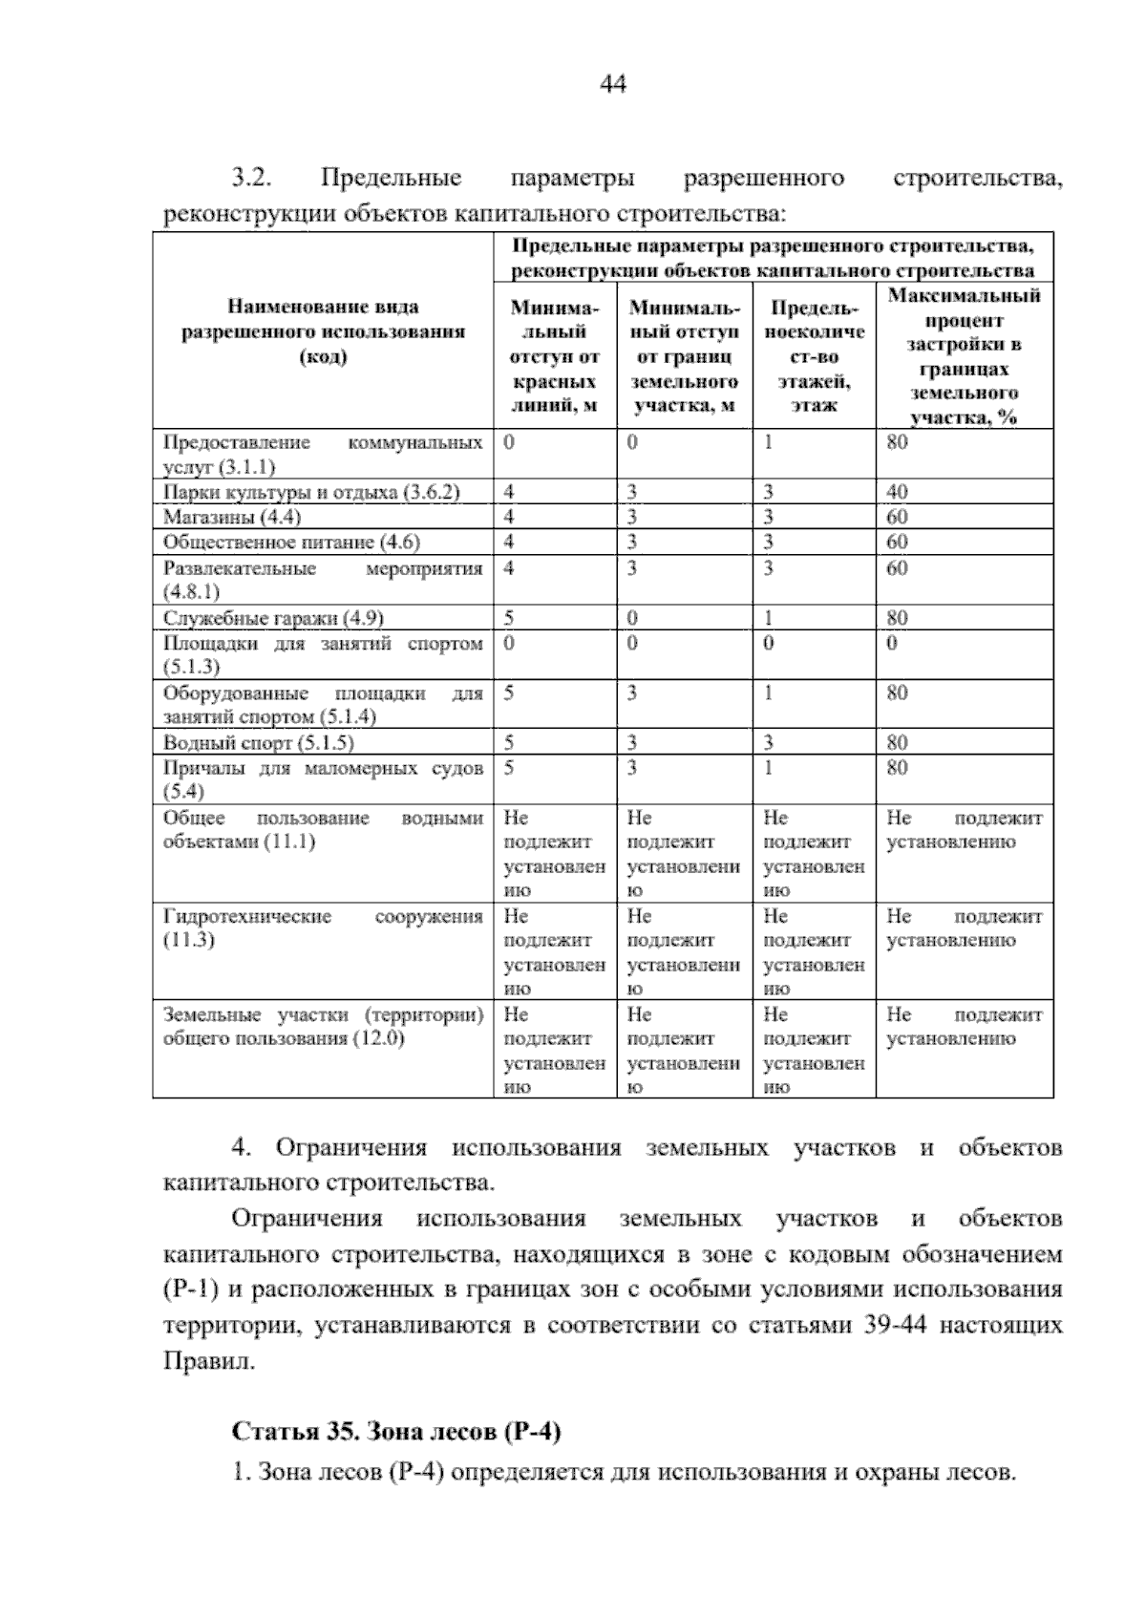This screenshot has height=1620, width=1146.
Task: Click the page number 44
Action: [612, 85]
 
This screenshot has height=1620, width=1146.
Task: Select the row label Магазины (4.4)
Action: [232, 517]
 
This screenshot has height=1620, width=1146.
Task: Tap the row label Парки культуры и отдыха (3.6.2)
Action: [311, 492]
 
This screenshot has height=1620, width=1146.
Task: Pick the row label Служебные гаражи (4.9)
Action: [273, 618]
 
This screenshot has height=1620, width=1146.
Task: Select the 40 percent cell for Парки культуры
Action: [898, 492]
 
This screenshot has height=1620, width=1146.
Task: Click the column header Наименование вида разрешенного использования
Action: [323, 331]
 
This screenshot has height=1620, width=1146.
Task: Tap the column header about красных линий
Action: [554, 357]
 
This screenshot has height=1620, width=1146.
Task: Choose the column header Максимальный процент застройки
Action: [964, 355]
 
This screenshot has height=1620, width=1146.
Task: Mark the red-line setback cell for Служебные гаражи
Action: [509, 618]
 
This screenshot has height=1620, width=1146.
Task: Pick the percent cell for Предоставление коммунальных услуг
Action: [898, 442]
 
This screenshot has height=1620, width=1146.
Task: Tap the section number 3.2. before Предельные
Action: [253, 179]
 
